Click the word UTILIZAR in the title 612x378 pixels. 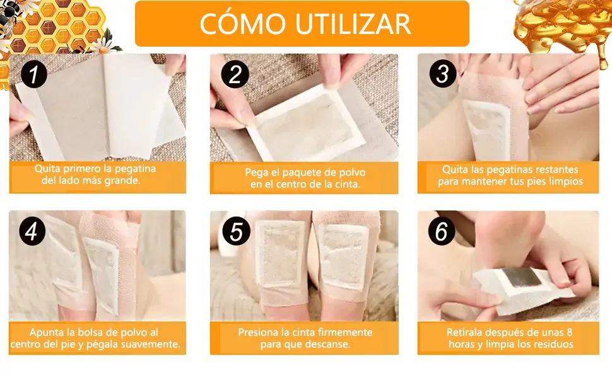353,24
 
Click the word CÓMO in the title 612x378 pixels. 242,23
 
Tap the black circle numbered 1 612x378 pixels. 34,74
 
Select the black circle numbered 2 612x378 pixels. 235,74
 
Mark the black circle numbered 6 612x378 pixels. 442,231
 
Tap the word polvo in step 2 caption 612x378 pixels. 353,172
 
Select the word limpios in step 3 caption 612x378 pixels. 565,181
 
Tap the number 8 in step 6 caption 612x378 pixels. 569,333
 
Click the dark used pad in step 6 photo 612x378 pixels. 521,277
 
